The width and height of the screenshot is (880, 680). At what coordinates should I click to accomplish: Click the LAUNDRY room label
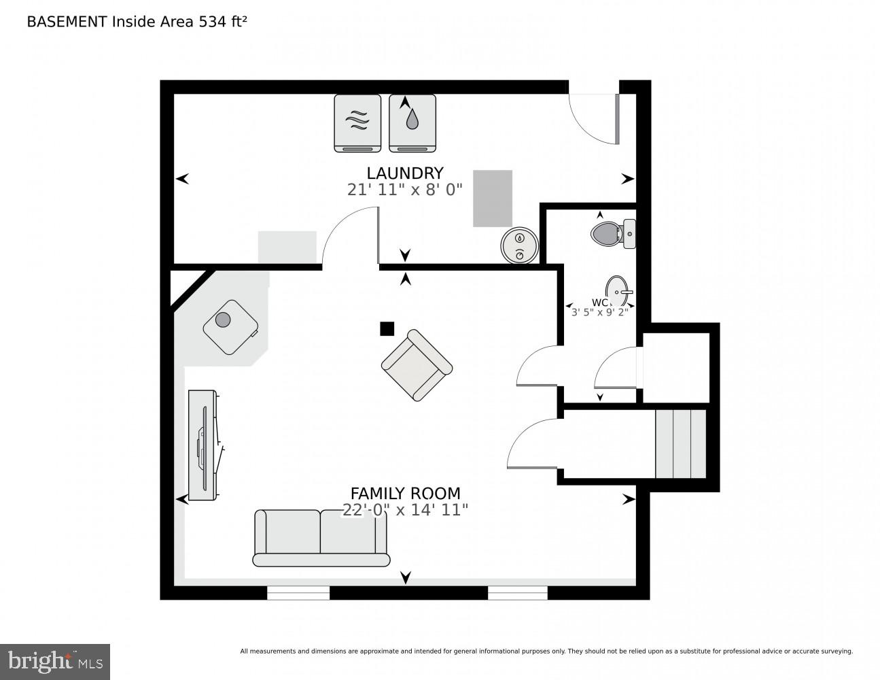pyautogui.click(x=405, y=173)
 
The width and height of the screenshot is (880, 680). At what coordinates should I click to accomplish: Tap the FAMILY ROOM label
pyautogui.click(x=405, y=493)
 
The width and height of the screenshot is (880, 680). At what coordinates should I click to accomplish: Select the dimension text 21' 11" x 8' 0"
pyautogui.click(x=405, y=190)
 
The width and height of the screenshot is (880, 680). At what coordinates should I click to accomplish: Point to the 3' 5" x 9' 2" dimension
pyautogui.click(x=599, y=311)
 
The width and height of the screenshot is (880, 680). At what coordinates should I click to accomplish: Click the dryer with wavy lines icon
pyautogui.click(x=357, y=123)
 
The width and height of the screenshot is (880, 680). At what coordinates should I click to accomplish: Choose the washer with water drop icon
pyautogui.click(x=412, y=123)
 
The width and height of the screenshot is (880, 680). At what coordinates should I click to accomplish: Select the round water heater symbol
pyautogui.click(x=520, y=245)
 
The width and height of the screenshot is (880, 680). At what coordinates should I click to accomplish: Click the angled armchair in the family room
pyautogui.click(x=416, y=365)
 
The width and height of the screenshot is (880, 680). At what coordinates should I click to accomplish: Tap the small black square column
pyautogui.click(x=387, y=328)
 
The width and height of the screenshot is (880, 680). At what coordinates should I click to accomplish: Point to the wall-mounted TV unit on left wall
pyautogui.click(x=203, y=445)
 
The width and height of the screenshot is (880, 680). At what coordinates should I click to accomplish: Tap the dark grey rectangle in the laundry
pyautogui.click(x=493, y=198)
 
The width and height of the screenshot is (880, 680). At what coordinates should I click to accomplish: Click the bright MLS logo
pyautogui.click(x=55, y=662)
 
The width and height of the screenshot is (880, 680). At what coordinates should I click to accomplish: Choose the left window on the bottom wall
pyautogui.click(x=298, y=593)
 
